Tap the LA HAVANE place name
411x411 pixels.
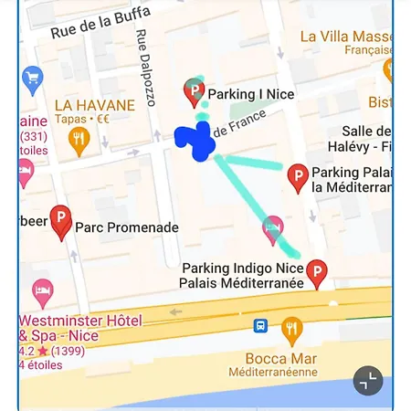click(94, 104)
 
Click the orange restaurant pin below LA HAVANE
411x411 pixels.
click(79, 140)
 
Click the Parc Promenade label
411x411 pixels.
click(127, 227)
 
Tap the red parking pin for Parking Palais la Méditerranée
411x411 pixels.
click(298, 177)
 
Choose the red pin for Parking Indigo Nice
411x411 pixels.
click(316, 272)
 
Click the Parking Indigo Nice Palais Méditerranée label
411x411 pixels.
click(242, 276)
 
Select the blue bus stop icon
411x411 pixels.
click(260, 324)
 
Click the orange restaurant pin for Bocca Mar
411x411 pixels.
click(291, 329)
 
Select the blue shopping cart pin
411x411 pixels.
click(33, 76)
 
